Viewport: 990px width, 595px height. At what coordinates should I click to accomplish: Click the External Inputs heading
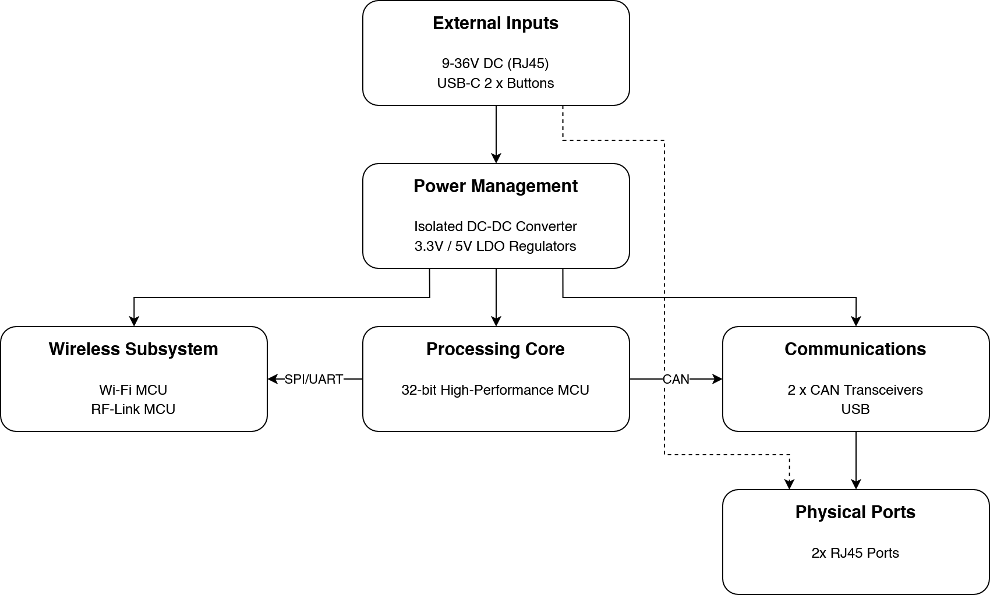point(496,23)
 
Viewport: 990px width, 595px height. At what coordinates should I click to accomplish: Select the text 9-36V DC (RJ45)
point(496,63)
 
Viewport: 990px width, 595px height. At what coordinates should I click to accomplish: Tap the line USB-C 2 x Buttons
point(496,83)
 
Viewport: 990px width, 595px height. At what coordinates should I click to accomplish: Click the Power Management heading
point(496,186)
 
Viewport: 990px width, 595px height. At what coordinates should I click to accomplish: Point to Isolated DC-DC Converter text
point(496,226)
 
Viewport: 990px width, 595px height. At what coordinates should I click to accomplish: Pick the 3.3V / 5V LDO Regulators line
point(496,246)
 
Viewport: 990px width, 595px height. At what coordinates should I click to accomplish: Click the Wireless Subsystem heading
point(133,349)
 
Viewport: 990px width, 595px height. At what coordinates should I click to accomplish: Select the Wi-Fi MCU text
point(133,390)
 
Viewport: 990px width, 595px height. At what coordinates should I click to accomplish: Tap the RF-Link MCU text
point(133,409)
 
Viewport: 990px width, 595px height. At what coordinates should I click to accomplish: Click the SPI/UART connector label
point(314,379)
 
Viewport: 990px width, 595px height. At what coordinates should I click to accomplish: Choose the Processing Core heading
point(496,349)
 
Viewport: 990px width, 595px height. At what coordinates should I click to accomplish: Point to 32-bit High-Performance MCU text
point(496,390)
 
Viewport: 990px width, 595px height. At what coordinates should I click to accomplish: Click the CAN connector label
point(676,379)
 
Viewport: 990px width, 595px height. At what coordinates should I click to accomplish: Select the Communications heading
point(855,349)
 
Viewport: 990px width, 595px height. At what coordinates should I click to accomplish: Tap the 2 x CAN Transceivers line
point(855,390)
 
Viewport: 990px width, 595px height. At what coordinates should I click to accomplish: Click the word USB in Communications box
point(855,409)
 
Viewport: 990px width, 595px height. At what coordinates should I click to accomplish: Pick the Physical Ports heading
point(855,512)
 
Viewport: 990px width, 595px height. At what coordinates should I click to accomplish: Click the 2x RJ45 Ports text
point(855,553)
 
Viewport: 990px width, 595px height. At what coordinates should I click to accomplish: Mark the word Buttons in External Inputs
point(531,83)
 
